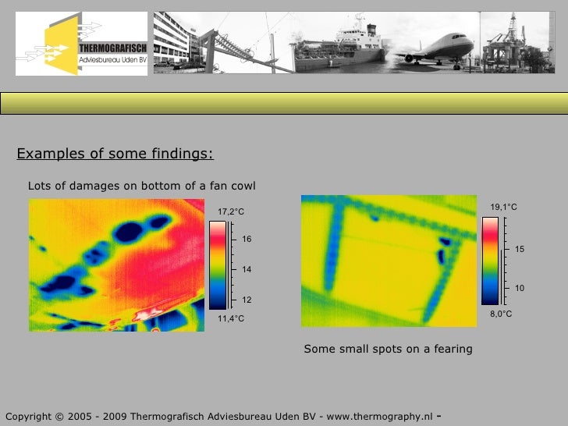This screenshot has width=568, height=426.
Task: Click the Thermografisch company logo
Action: pyautogui.click(x=83, y=45)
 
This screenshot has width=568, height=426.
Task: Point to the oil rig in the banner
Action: pyautogui.click(x=511, y=43)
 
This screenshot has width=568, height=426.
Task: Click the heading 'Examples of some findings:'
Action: pyautogui.click(x=115, y=154)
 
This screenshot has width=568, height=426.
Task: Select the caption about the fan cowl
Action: pyautogui.click(x=141, y=186)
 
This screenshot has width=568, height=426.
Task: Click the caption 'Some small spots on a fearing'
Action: pyautogui.click(x=388, y=349)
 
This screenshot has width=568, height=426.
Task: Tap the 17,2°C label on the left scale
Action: pyautogui.click(x=231, y=211)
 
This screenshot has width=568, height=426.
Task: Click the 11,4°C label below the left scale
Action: pyautogui.click(x=231, y=318)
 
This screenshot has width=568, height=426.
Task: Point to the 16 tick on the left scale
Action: pyautogui.click(x=247, y=239)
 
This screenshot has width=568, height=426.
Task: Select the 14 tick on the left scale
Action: pyautogui.click(x=247, y=269)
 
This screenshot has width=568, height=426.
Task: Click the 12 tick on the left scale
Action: pyautogui.click(x=247, y=300)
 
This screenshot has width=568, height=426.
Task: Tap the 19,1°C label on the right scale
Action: pyautogui.click(x=503, y=207)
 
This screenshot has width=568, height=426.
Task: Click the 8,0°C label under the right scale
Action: pyautogui.click(x=501, y=314)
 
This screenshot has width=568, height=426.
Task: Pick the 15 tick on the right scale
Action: pyautogui.click(x=520, y=248)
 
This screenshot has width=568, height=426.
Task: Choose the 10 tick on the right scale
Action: pyautogui.click(x=520, y=289)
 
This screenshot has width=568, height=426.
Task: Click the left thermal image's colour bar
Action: pyautogui.click(x=218, y=265)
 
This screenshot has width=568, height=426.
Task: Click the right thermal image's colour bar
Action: pyautogui.click(x=491, y=260)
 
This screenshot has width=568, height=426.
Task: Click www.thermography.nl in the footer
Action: pyautogui.click(x=379, y=415)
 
